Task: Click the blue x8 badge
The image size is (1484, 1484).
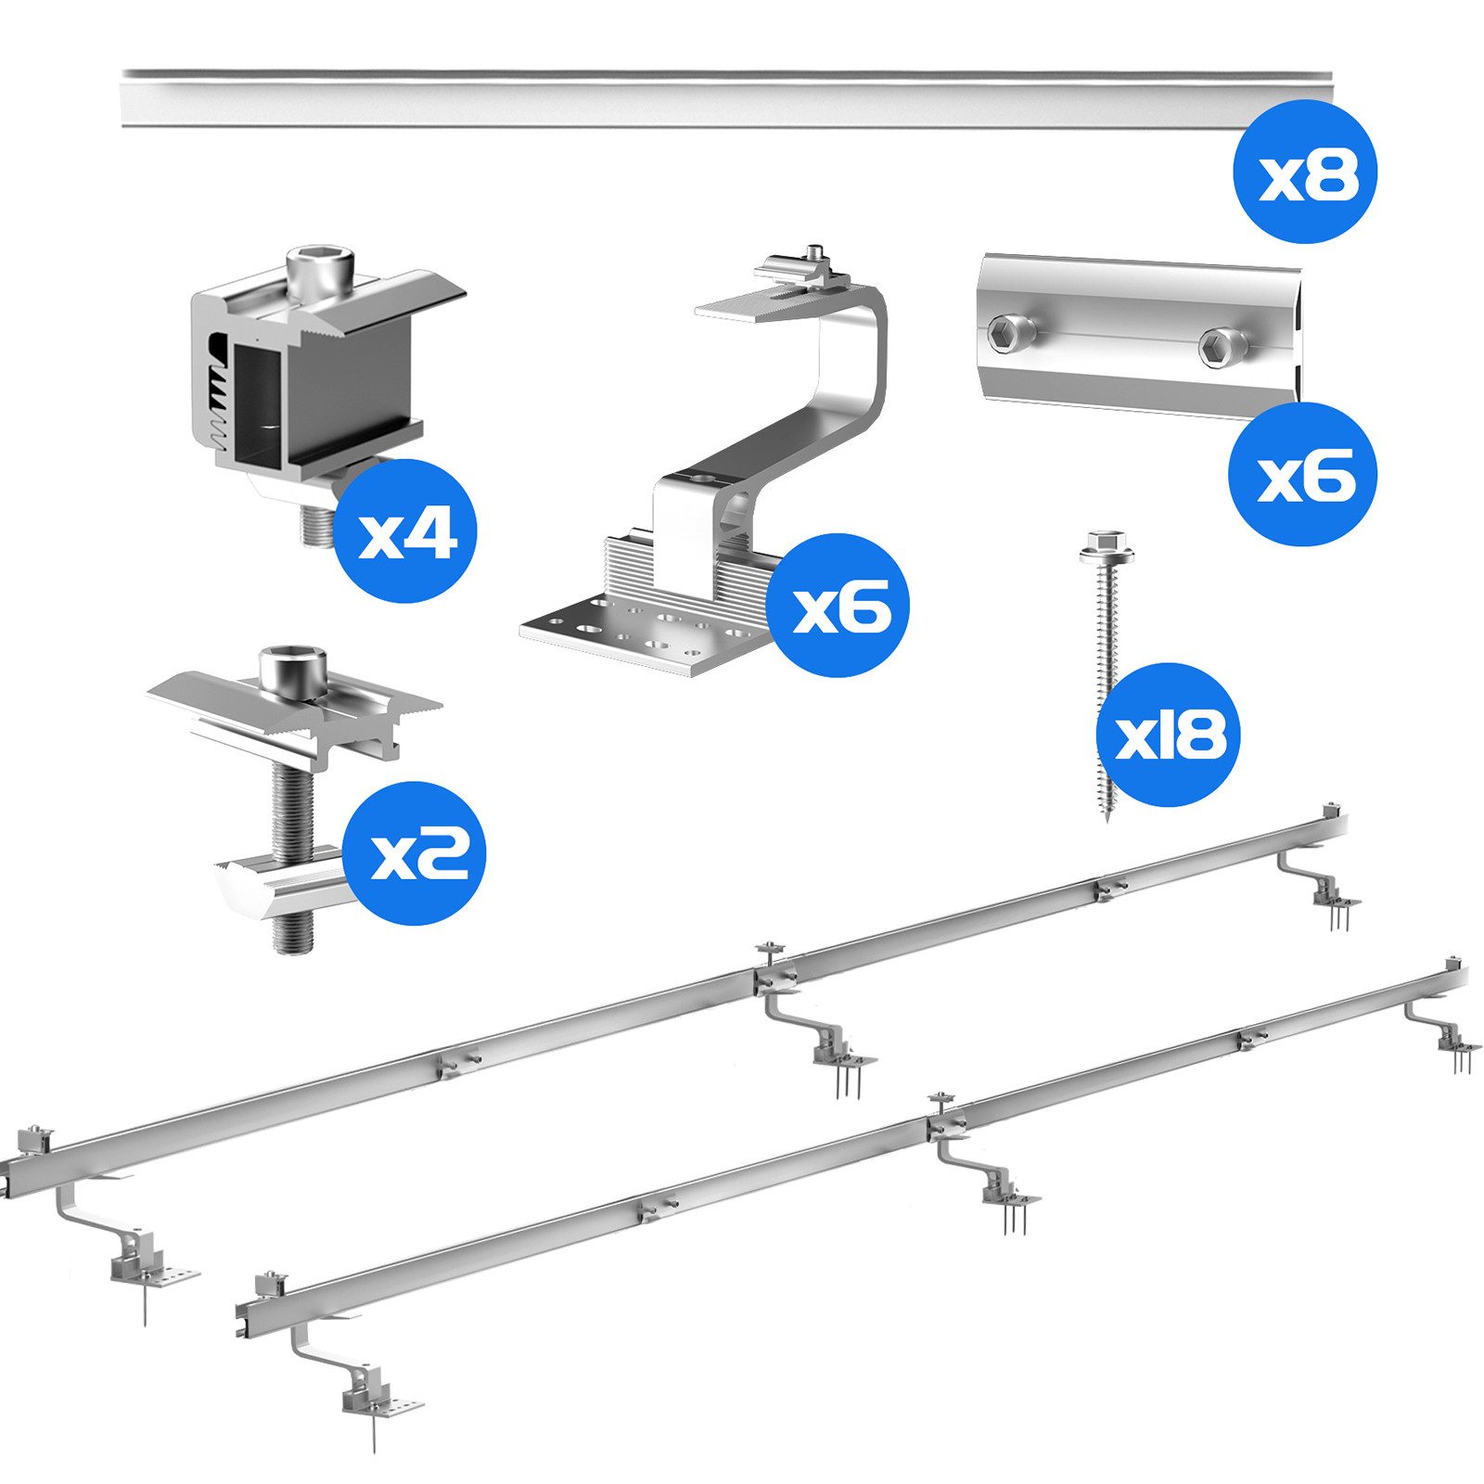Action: click(x=1305, y=172)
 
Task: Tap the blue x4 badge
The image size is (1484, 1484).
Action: click(x=404, y=531)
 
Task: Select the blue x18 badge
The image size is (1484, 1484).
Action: click(x=1168, y=735)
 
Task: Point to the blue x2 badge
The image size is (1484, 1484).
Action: click(x=414, y=853)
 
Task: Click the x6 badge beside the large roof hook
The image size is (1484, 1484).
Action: click(x=838, y=606)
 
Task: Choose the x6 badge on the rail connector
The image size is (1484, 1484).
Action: click(x=1302, y=474)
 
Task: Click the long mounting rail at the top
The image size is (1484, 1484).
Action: click(x=726, y=98)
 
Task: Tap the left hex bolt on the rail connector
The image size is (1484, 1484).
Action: click(x=1009, y=334)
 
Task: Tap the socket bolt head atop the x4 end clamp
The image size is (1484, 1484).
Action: click(x=319, y=272)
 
